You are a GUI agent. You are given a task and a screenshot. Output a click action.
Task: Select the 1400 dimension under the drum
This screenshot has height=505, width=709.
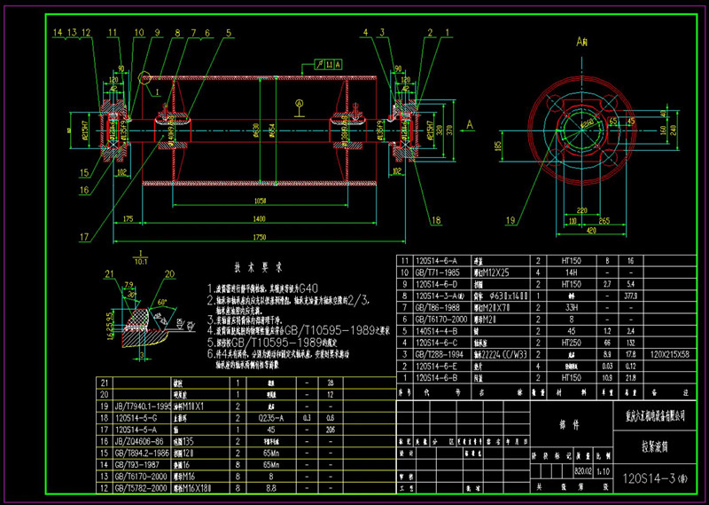coord(259,217)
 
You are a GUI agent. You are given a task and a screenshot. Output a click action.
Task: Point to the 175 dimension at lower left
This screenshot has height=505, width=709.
coord(129,217)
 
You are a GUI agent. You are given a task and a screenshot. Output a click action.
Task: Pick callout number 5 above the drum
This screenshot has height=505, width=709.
coord(229,34)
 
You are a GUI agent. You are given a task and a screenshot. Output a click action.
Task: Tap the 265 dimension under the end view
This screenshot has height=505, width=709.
coord(604,221)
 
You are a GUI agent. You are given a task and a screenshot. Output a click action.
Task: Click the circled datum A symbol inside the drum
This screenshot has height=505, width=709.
coord(300,103)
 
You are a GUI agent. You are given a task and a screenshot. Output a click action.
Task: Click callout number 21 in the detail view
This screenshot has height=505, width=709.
coord(110,273)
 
